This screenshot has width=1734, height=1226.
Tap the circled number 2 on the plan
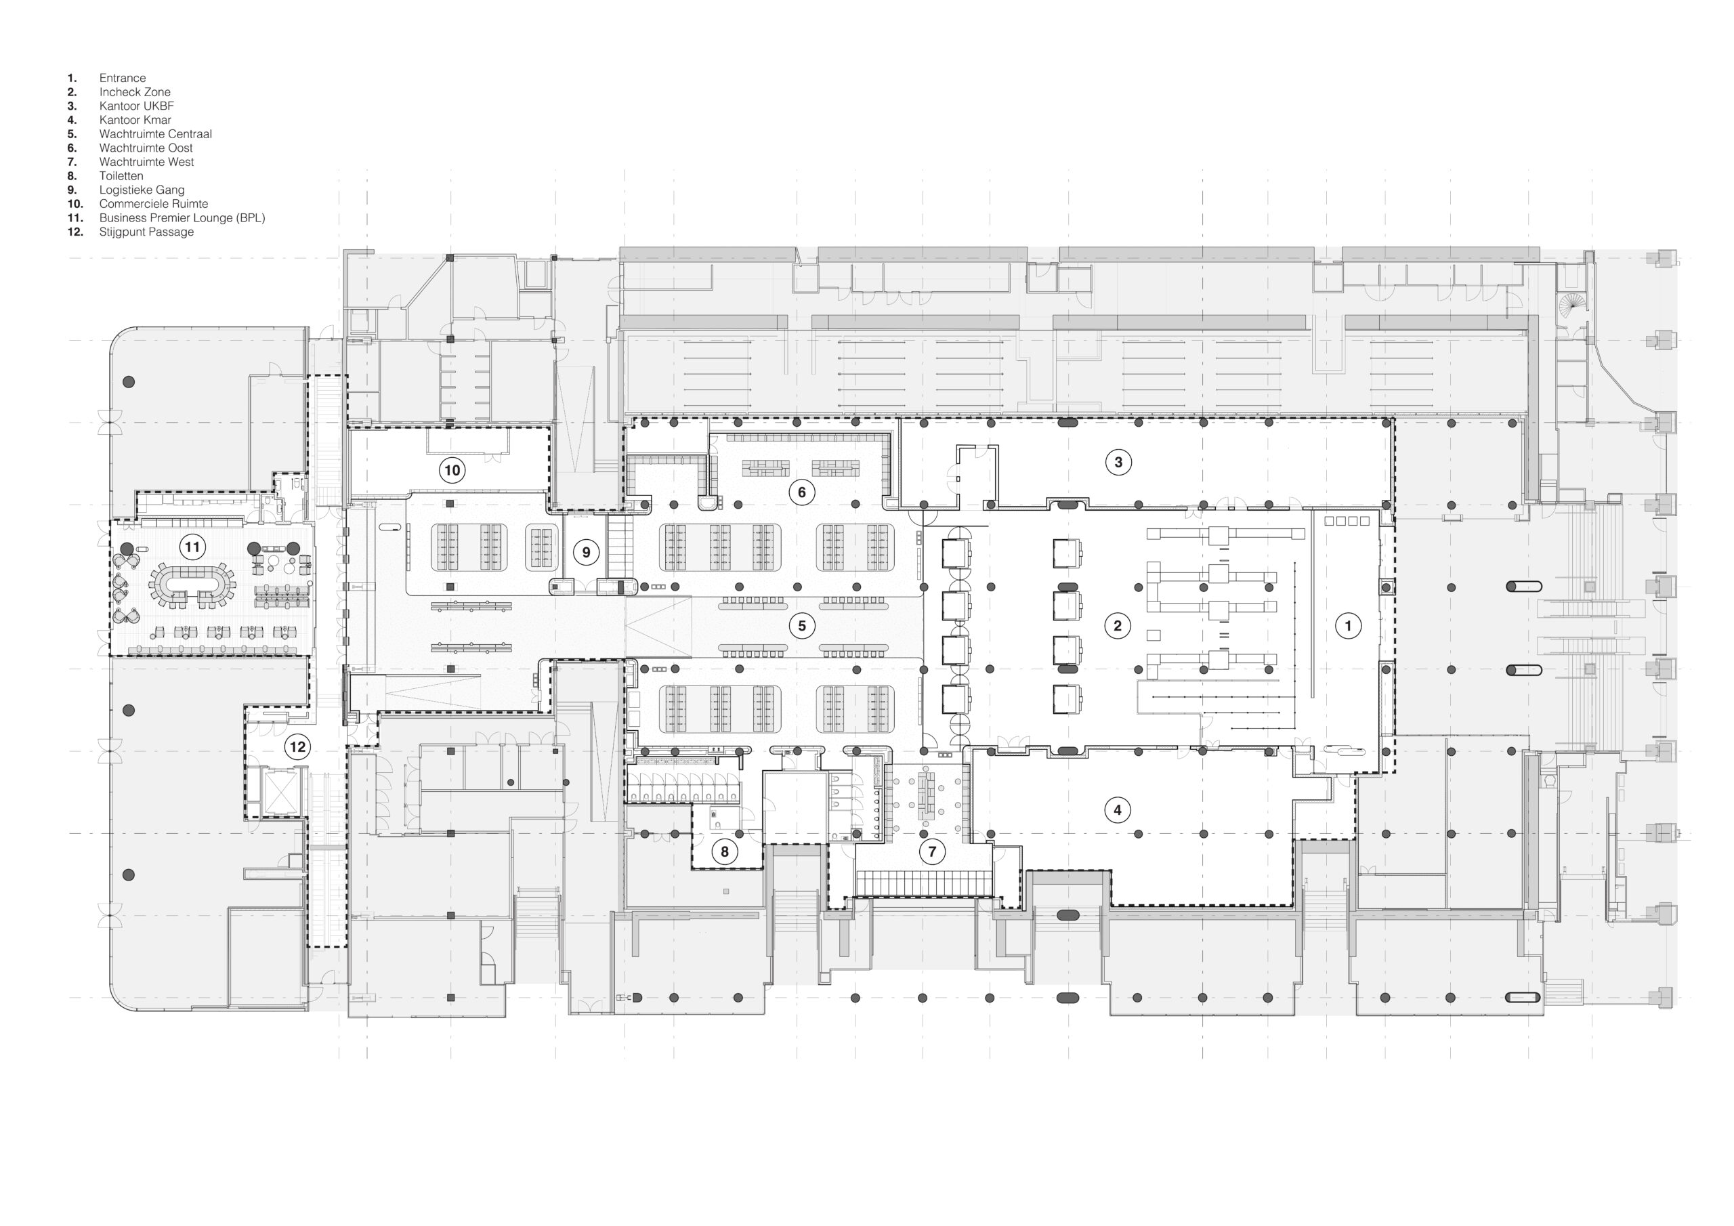pyautogui.click(x=1118, y=625)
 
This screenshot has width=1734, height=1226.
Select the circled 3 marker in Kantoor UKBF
pyautogui.click(x=1118, y=463)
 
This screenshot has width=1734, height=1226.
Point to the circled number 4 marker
pyautogui.click(x=1118, y=811)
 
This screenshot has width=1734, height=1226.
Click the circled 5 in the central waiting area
pyautogui.click(x=802, y=625)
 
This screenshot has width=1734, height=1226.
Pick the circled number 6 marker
pyautogui.click(x=802, y=492)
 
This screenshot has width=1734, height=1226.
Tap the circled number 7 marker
pyautogui.click(x=932, y=852)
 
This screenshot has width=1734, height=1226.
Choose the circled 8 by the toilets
pyautogui.click(x=724, y=852)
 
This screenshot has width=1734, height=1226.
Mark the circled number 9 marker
pyautogui.click(x=586, y=553)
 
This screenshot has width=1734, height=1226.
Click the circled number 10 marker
pyautogui.click(x=452, y=471)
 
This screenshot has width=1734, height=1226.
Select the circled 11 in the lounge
pyautogui.click(x=192, y=547)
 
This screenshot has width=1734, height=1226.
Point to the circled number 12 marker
pyautogui.click(x=297, y=748)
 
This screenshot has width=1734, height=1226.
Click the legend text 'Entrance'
pyautogui.click(x=123, y=78)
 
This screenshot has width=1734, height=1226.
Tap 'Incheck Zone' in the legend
pyautogui.click(x=134, y=92)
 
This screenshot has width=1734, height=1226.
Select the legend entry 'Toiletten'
pyautogui.click(x=121, y=176)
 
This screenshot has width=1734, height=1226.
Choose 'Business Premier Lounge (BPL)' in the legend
pyautogui.click(x=182, y=217)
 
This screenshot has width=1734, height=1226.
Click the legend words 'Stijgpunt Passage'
pyautogui.click(x=146, y=232)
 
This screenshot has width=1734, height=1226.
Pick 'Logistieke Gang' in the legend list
pyautogui.click(x=142, y=190)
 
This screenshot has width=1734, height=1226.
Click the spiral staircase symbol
pyautogui.click(x=1572, y=307)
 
